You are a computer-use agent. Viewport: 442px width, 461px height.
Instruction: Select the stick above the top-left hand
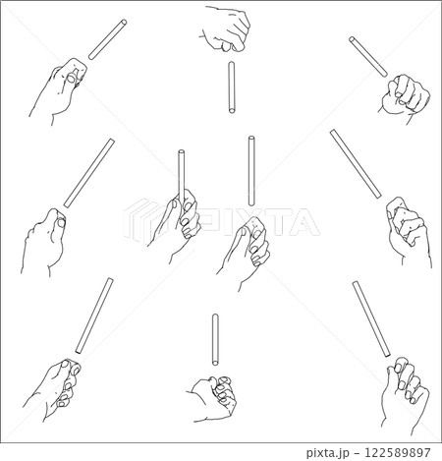click(108, 39)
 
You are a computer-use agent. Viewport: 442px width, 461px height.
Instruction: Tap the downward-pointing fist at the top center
click(226, 29)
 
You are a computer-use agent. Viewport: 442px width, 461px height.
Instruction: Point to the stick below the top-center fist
click(232, 87)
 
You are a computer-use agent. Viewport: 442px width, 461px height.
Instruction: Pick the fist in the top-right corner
click(406, 96)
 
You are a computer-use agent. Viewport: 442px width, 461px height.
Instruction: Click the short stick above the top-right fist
click(368, 57)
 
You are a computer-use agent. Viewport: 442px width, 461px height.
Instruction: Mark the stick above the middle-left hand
click(89, 173)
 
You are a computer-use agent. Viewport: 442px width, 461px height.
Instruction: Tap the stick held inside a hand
click(181, 177)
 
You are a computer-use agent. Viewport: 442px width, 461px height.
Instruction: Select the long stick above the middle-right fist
click(356, 164)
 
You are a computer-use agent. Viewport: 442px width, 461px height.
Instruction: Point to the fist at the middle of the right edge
click(409, 231)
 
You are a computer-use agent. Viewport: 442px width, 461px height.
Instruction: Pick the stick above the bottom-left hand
click(94, 316)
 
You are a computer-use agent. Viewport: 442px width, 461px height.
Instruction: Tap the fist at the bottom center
click(214, 399)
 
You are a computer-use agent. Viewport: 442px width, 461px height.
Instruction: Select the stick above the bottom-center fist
click(215, 339)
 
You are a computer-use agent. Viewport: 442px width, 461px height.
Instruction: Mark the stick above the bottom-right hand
click(371, 318)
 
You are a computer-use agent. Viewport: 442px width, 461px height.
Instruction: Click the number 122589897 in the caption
click(398, 453)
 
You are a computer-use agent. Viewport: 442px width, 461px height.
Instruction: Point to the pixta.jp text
click(328, 453)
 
